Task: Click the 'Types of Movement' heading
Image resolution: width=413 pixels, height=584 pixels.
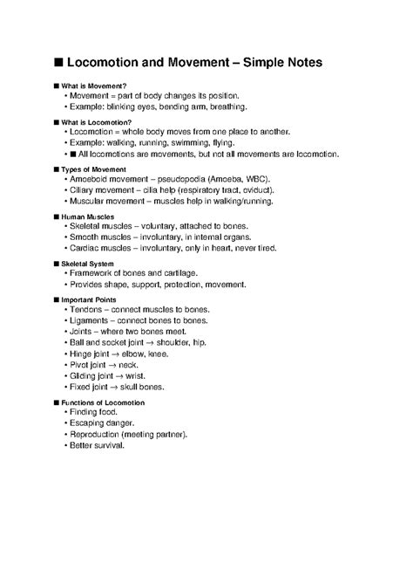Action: click(x=91, y=168)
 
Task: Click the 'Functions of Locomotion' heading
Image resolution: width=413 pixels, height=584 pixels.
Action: click(x=103, y=402)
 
